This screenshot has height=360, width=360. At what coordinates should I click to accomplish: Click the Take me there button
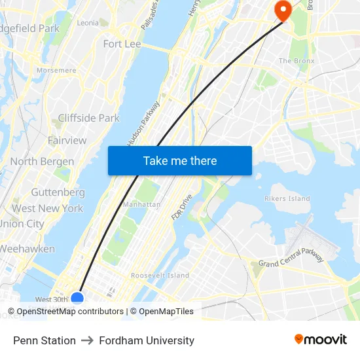[180, 161]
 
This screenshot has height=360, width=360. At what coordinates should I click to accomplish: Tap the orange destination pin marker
[283, 10]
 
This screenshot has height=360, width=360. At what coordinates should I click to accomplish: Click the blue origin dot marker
[77, 298]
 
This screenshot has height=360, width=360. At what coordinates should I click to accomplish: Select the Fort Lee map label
[122, 44]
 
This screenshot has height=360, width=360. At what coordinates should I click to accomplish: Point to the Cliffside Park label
[89, 118]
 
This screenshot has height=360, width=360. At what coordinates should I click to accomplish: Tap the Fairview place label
[67, 140]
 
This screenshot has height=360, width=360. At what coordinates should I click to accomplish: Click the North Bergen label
[42, 161]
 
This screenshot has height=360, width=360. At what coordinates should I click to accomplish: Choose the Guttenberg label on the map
[58, 192]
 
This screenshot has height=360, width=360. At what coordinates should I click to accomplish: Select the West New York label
[47, 208]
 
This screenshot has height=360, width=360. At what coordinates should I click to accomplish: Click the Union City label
[22, 224]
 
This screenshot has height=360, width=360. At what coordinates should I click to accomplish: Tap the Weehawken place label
[27, 249]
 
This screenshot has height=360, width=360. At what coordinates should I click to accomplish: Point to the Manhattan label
[141, 204]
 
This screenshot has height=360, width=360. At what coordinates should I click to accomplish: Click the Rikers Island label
[287, 198]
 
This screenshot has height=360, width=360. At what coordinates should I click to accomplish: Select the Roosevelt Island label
[160, 276]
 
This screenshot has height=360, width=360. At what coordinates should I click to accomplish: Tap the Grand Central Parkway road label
[291, 257]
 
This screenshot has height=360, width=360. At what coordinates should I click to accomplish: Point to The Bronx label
[297, 61]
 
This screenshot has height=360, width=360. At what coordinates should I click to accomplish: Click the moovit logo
[321, 340]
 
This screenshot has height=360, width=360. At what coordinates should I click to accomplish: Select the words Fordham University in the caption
[147, 340]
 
